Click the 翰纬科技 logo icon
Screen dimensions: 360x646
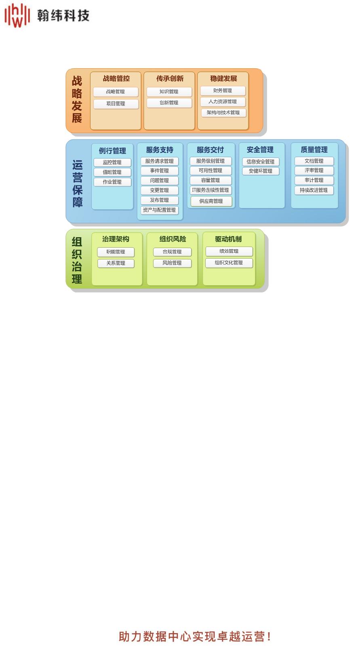(17, 15)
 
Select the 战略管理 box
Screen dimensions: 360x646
(116, 92)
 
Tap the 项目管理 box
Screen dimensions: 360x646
(116, 104)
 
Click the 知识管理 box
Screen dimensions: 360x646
(169, 92)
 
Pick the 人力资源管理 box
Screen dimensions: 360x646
(223, 102)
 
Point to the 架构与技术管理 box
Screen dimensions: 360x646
(223, 113)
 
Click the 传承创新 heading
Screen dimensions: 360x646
(170, 78)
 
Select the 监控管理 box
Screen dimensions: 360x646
(112, 162)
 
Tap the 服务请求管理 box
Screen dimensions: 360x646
(160, 161)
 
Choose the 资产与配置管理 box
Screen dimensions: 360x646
(160, 210)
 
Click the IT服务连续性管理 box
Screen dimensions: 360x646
(211, 190)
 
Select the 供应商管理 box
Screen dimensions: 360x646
(211, 201)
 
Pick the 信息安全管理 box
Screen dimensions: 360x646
(261, 162)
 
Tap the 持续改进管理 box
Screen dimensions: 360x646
(314, 190)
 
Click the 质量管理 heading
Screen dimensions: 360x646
(314, 150)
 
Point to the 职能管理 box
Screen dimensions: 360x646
(116, 252)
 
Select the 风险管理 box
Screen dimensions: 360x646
(172, 263)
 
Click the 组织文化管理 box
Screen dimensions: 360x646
(229, 263)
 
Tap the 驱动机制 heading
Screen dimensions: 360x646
(228, 239)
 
